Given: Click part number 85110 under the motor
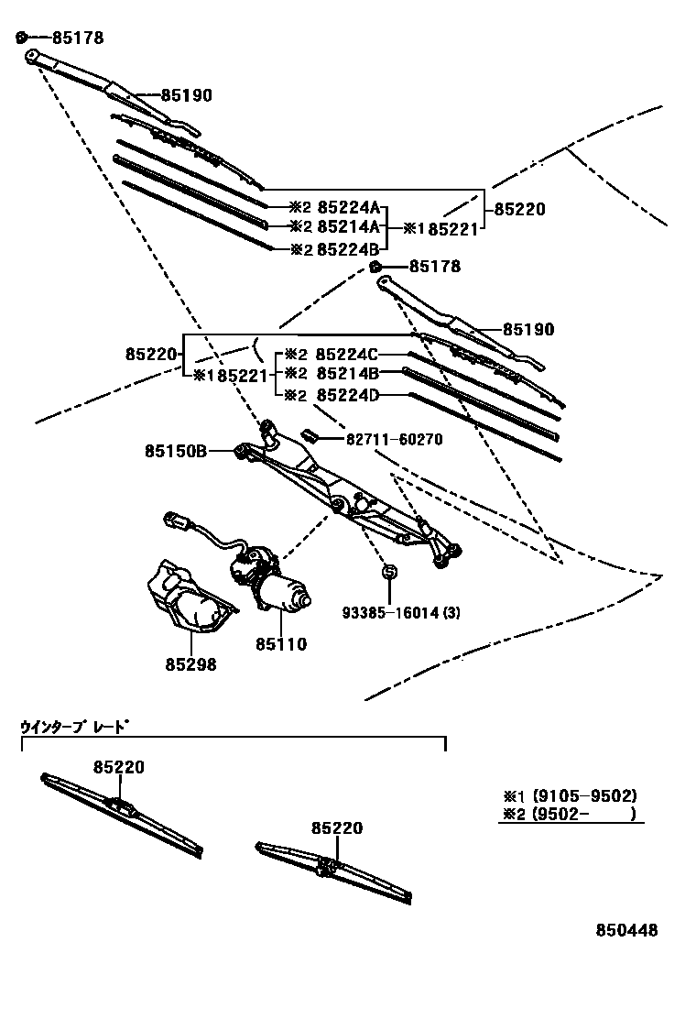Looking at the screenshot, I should pos(281,644).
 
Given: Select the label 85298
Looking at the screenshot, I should pos(190,665).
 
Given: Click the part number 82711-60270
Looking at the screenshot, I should pos(394,440).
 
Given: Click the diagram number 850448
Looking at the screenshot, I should pos(627,931).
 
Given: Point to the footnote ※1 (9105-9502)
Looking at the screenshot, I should pos(569,795).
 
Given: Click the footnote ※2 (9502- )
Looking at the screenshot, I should pos(569,813).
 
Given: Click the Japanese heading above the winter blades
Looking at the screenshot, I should pos(74,728).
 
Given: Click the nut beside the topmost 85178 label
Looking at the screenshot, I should pos(21,38).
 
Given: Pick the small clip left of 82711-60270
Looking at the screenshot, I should pos(309,435).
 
